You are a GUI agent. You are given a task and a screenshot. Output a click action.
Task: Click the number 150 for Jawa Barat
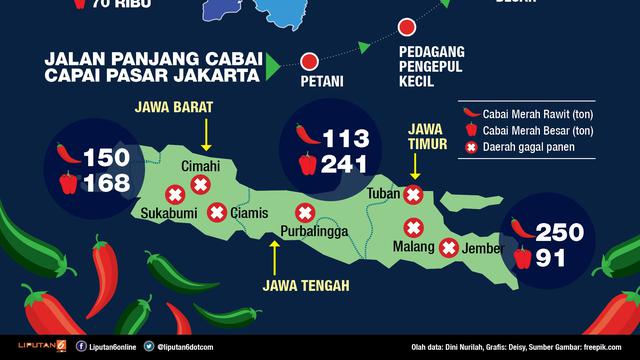tap(107, 157)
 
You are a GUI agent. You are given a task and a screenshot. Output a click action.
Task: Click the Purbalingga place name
tap(311, 232)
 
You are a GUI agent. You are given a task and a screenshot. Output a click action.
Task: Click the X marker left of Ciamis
tap(216, 212)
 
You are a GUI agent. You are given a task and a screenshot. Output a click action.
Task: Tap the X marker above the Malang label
tap(410, 226)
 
